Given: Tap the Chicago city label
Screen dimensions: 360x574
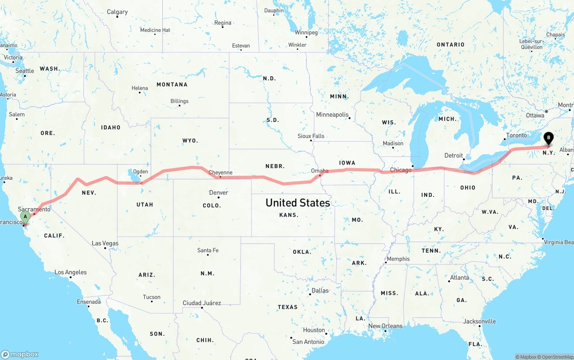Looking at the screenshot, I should tap(400, 170).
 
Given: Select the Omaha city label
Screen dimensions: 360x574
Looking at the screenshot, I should tap(320, 171).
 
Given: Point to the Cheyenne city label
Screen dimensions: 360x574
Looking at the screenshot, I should tap(220, 173).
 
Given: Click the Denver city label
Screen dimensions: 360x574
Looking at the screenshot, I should tap(219, 193).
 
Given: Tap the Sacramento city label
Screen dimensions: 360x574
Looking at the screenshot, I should tap(34, 209).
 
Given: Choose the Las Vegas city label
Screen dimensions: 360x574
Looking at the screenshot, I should tap(105, 243).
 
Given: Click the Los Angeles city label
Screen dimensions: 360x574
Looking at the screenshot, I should tap(70, 272).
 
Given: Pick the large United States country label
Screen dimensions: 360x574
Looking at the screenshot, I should tap(298, 203).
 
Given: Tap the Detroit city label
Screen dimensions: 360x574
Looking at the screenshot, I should tap(453, 156).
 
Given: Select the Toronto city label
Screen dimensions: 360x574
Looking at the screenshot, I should tap(517, 135).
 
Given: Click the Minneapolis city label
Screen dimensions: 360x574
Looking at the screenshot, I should tap(332, 115).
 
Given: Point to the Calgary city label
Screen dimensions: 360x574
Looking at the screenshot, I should tap(117, 12).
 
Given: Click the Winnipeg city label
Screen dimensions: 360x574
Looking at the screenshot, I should tap(306, 33).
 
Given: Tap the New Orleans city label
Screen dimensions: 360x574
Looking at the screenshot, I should tap(385, 326).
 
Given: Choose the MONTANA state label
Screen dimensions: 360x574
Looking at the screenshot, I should tap(172, 84).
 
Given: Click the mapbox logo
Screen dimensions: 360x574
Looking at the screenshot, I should tap(20, 354).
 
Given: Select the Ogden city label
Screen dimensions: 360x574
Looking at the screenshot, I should tap(140, 172).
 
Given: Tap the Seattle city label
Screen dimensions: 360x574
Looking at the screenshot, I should tap(25, 71).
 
